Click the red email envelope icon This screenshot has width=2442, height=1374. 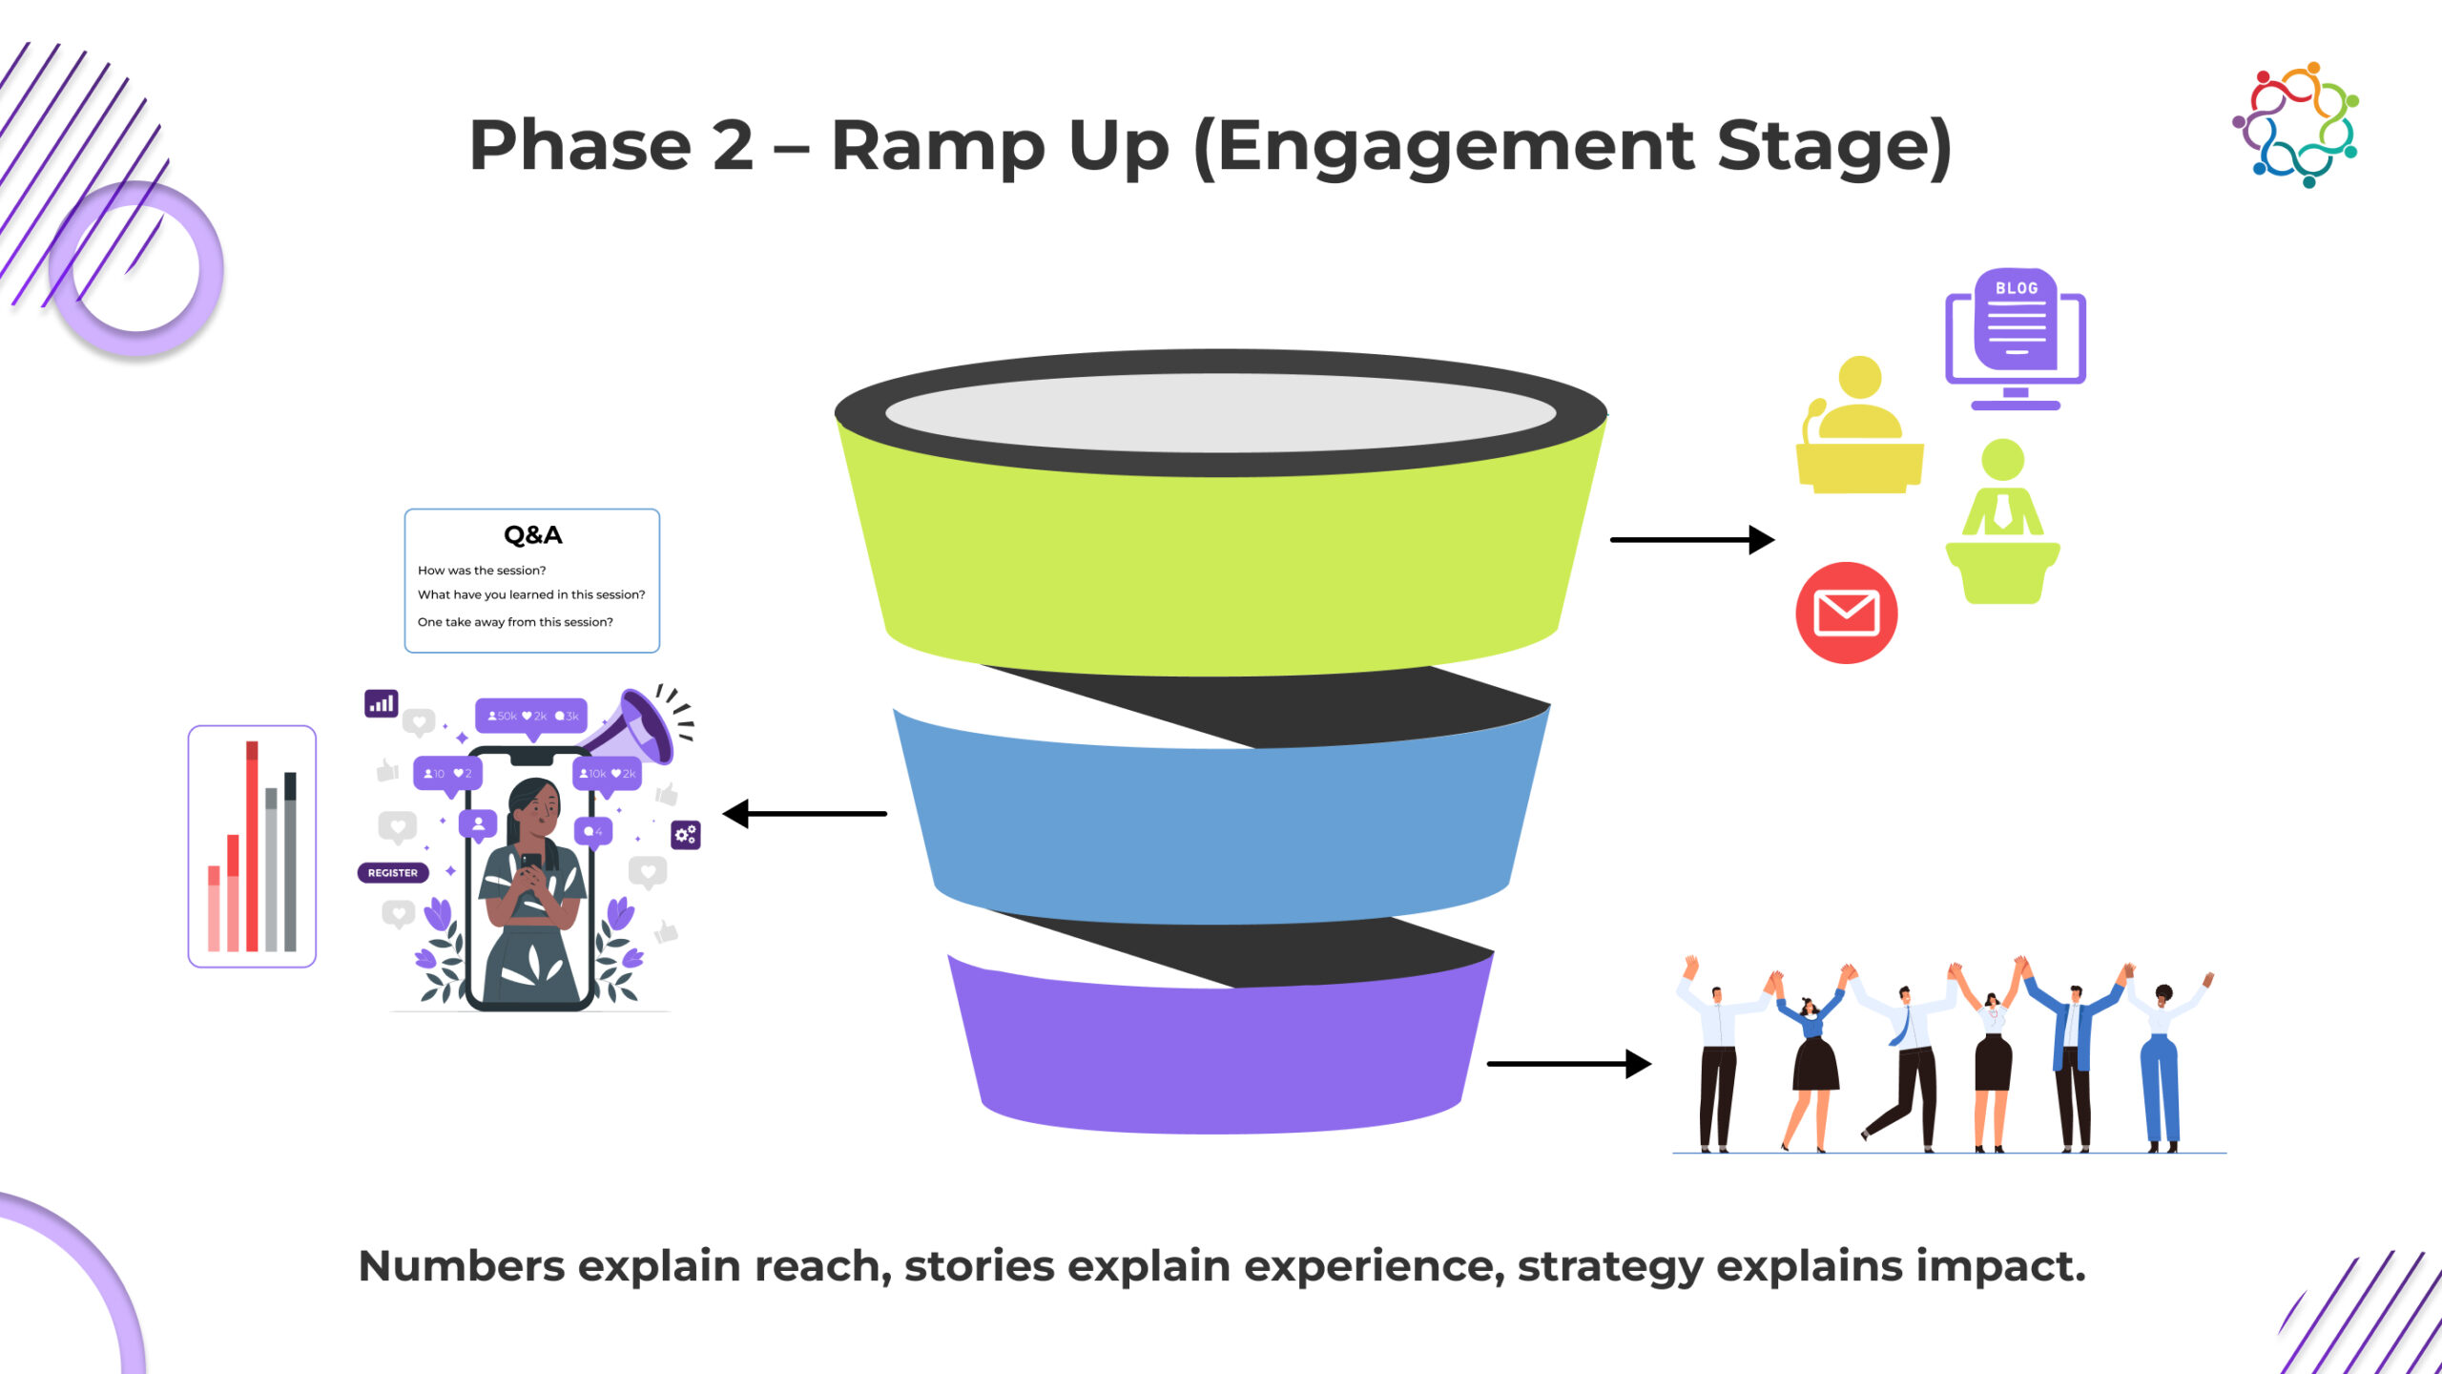click(x=1846, y=613)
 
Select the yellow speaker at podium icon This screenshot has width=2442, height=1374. click(x=1859, y=429)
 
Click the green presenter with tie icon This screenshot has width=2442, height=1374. click(x=2002, y=520)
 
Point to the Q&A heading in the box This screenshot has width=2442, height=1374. click(x=532, y=535)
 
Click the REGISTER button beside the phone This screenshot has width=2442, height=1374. click(x=393, y=873)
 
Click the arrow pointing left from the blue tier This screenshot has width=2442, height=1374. click(x=806, y=814)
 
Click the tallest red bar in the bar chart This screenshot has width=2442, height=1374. click(x=252, y=845)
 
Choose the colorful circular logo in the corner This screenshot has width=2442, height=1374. click(x=2295, y=124)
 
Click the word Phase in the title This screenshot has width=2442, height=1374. click(x=579, y=146)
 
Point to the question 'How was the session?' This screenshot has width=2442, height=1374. click(x=482, y=571)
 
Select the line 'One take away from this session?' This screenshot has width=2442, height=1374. click(x=515, y=622)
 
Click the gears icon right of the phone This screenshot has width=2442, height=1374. click(x=686, y=835)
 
